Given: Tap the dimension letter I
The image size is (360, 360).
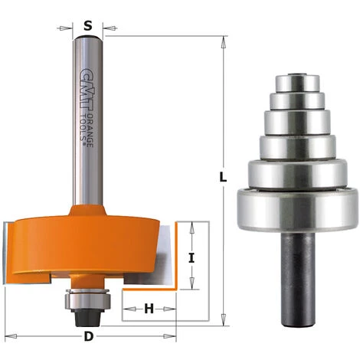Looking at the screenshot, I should click(x=192, y=258).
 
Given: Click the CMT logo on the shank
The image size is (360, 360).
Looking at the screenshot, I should click(x=84, y=80).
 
